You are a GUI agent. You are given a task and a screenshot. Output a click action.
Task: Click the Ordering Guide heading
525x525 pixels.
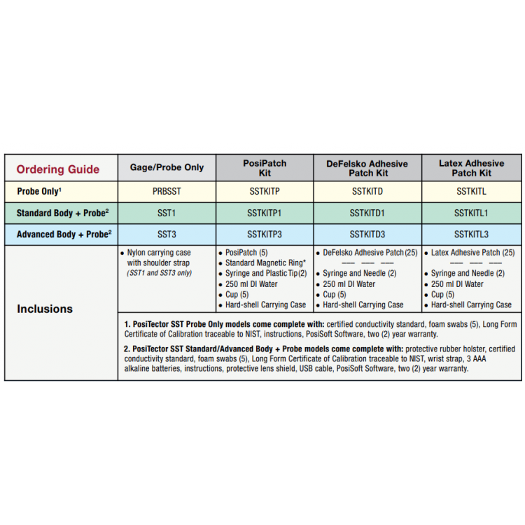(x=58, y=169)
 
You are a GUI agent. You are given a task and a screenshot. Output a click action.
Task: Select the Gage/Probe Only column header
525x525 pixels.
(x=167, y=167)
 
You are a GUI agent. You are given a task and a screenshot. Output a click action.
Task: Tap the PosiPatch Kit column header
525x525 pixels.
(x=265, y=168)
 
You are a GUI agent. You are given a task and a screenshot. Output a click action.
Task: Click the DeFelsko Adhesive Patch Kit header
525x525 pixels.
(x=367, y=168)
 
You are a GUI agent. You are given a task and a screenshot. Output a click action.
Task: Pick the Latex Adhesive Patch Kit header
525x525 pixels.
(x=471, y=168)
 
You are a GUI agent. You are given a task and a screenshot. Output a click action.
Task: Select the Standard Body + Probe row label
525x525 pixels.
(x=62, y=212)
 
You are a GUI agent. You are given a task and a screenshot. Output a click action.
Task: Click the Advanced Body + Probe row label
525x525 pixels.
(x=62, y=234)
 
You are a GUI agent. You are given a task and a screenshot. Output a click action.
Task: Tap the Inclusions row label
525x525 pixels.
(x=45, y=309)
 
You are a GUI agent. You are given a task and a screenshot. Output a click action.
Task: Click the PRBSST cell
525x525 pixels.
(x=167, y=190)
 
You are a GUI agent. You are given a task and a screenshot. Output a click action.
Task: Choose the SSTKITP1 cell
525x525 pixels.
(x=265, y=212)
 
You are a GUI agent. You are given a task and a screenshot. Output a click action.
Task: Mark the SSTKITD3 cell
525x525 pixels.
(x=367, y=234)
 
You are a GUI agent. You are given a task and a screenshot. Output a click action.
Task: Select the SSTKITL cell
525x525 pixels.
(x=471, y=190)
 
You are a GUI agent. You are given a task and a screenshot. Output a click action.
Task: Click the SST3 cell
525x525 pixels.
(x=167, y=234)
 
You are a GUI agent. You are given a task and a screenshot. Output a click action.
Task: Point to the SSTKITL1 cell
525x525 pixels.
(x=471, y=212)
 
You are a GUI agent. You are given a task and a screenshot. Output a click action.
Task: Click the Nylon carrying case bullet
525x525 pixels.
(x=165, y=252)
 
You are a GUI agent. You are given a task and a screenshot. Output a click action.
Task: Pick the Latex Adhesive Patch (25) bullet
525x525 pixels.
(x=472, y=252)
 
